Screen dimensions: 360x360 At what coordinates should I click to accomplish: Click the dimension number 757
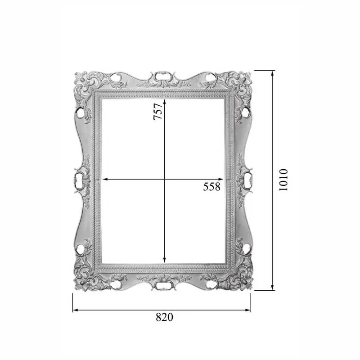click(158, 111)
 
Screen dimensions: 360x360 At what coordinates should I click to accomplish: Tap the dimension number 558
click(211, 187)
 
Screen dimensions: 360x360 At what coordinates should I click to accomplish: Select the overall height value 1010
click(283, 180)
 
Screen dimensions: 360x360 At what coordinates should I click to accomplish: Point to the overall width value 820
click(164, 317)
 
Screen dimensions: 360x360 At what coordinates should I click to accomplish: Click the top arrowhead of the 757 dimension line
click(165, 101)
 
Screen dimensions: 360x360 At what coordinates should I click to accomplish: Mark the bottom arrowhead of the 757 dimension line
click(164, 261)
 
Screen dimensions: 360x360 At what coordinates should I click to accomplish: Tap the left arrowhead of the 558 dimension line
click(104, 179)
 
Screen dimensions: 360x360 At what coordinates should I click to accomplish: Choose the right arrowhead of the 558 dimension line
click(220, 179)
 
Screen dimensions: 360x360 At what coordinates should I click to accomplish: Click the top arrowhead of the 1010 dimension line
click(272, 73)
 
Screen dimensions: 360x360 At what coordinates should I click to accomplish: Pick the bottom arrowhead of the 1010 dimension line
click(272, 288)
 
